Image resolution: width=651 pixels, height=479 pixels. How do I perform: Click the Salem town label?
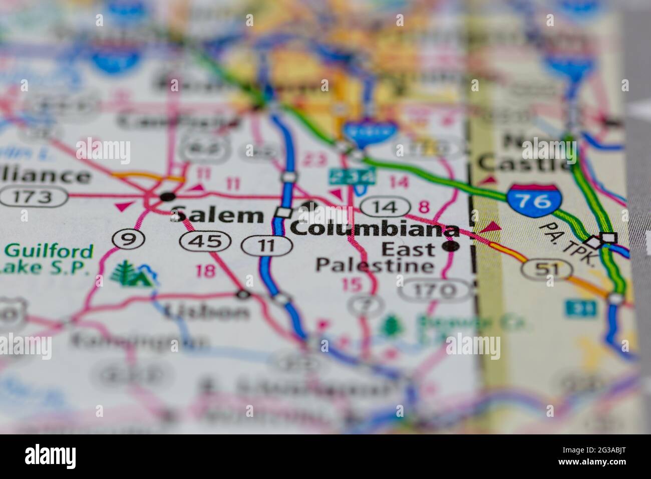tap(217, 215)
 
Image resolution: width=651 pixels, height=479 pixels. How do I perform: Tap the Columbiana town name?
tap(375, 229)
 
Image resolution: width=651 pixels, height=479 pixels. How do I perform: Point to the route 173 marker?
tap(34, 197)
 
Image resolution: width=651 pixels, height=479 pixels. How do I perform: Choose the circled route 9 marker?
tap(129, 240)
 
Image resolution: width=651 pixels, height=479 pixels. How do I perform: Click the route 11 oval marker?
tap(267, 245)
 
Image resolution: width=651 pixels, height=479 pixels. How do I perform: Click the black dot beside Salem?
tap(168, 196)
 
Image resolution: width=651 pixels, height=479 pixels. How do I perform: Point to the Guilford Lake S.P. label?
tap(48, 259)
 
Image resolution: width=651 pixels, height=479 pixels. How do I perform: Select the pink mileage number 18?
tap(206, 271)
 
